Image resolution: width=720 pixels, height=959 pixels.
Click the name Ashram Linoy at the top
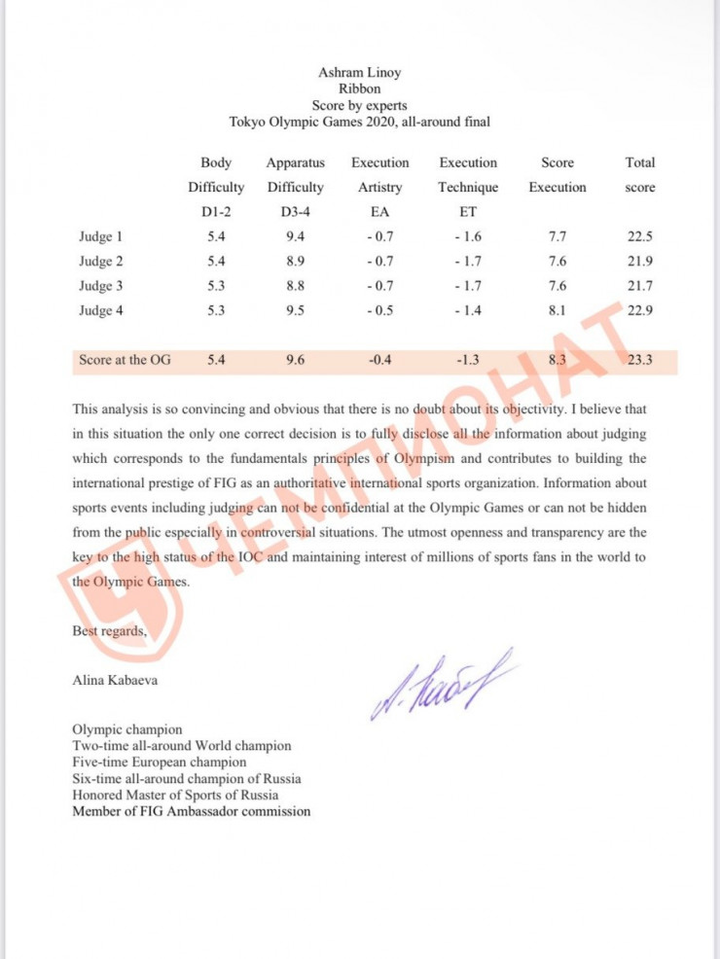coord(359,72)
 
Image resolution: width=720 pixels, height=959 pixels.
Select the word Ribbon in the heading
coord(359,89)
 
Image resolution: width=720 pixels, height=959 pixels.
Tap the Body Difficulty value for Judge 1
coord(216,236)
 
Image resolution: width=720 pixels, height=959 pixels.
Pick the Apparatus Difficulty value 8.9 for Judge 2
coord(295,261)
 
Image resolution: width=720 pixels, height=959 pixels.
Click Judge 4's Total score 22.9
coord(639,310)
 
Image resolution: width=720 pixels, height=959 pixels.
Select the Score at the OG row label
coord(125,360)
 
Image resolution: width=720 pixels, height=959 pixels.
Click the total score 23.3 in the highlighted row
coord(639,360)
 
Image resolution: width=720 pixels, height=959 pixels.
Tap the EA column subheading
coord(379,211)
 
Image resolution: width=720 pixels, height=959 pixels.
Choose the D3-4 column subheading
coord(295,211)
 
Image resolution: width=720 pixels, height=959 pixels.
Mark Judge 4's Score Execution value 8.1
coord(557,310)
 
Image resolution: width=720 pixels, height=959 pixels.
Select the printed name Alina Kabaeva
coord(114,680)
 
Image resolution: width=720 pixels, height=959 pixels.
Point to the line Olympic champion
coord(126,728)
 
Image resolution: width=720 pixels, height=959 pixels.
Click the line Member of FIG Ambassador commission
coord(192,811)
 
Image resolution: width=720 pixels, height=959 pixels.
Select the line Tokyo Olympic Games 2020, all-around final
coord(359,122)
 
